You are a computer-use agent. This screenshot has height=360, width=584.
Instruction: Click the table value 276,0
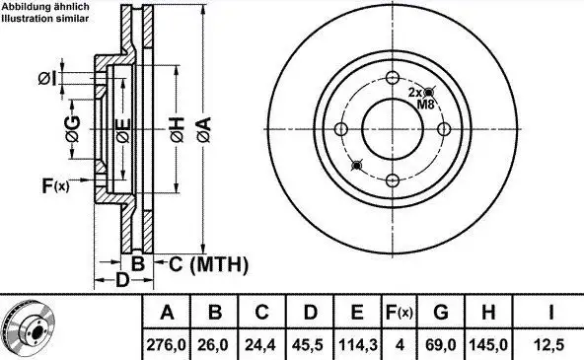coord(166,345)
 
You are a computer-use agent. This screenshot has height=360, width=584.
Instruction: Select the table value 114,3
coord(357,345)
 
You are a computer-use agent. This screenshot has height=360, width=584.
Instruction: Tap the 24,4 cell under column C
coord(261,345)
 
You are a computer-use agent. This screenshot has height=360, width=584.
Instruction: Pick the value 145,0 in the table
coord(488,345)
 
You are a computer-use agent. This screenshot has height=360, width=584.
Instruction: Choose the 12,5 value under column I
coord(549,345)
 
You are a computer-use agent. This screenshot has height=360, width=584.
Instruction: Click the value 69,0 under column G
coord(441,345)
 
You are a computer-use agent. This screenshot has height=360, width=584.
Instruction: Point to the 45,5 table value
coord(310,345)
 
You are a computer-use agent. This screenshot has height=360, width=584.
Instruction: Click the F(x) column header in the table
coord(400,313)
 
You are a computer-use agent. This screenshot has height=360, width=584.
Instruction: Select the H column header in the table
coord(488,313)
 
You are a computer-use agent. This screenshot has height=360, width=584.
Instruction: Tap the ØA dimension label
coord(204,129)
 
